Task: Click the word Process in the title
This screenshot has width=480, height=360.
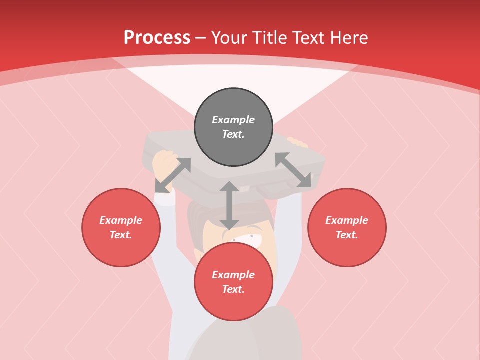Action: tap(157, 38)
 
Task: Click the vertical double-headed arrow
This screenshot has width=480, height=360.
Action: tap(229, 205)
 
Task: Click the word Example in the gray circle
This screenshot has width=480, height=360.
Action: tap(233, 120)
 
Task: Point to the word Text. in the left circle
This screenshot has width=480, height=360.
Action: tap(121, 235)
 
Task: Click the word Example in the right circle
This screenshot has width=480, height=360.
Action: tap(347, 220)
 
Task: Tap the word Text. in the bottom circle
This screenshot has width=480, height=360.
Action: tap(233, 290)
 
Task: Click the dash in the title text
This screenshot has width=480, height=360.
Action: tap(201, 38)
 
